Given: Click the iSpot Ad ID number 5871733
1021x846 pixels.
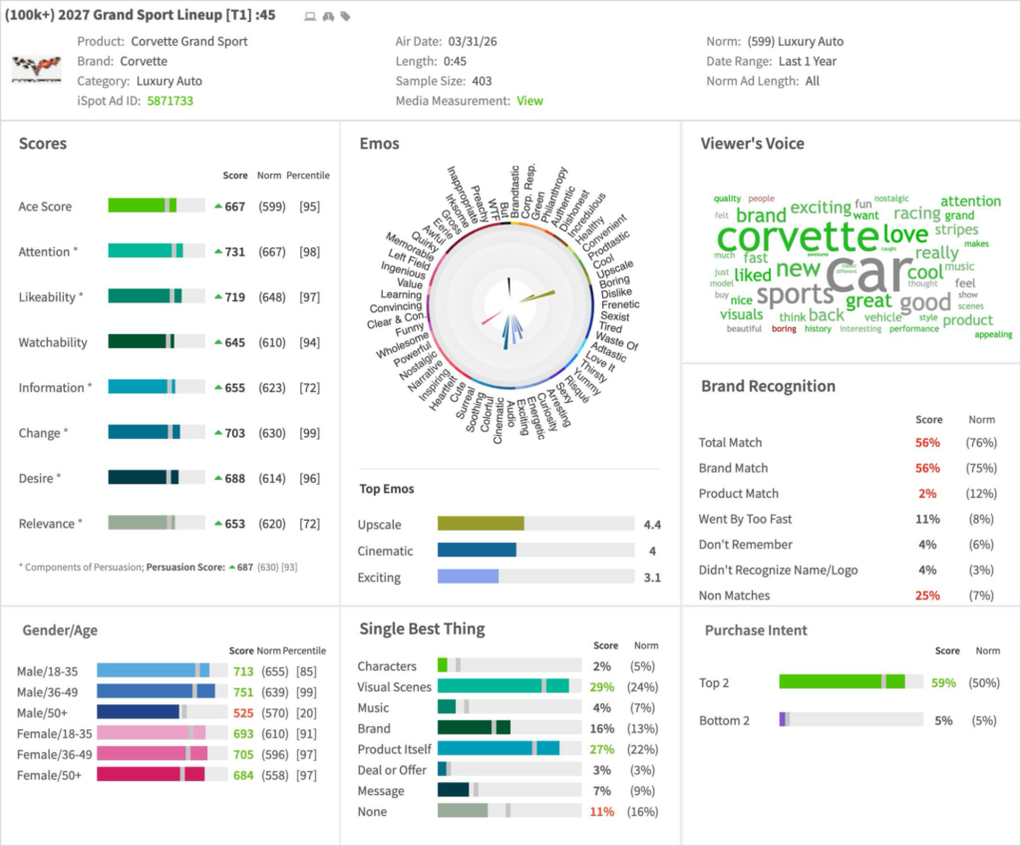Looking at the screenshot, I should pos(170,101).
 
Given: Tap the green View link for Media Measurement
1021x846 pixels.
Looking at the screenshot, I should pos(529,101).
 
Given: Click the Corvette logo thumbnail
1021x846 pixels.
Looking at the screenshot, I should pos(36,69).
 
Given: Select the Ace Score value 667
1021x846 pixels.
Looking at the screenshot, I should pos(234,207).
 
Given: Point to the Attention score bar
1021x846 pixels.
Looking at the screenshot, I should pos(157,252).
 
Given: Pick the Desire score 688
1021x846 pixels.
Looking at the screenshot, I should pos(234,479).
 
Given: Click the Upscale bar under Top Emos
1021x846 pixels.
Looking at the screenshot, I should pos(481,524).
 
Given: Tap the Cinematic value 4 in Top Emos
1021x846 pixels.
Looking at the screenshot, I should pos(652,551).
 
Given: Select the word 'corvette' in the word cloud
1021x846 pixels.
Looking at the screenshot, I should pos(797,237).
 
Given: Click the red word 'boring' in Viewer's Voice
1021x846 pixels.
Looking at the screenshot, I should pos(784,329).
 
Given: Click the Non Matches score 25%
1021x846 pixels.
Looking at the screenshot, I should pos(927,596).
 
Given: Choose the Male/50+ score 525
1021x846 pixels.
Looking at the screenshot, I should pos(243,712).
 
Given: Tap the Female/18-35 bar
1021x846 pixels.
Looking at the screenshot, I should pos(151,733).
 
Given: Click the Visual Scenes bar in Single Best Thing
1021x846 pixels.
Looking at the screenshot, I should pos(503,686).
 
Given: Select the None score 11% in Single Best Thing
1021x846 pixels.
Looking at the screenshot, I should pos(601,812).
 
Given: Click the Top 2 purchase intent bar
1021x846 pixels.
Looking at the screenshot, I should pos(842,682).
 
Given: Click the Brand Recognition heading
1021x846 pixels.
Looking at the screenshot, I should pos(768,386).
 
